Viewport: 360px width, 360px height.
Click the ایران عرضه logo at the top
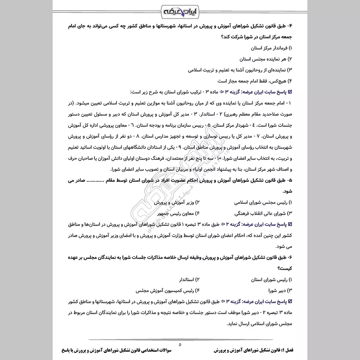180,9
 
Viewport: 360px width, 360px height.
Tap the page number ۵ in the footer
180,344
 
